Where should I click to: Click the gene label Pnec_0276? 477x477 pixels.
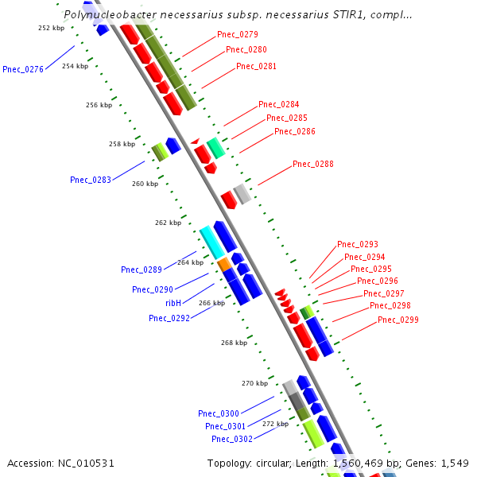click(23, 69)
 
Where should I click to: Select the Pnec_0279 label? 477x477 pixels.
click(238, 34)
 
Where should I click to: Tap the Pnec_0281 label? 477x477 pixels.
click(257, 66)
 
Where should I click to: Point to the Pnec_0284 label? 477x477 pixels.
click(279, 104)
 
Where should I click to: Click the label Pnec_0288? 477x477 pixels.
click(313, 164)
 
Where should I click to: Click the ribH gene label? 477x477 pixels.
click(173, 303)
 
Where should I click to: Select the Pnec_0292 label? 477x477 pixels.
click(169, 318)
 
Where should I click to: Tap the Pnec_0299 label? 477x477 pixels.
click(398, 320)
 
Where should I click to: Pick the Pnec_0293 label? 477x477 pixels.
click(358, 244)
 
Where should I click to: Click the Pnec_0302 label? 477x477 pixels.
click(232, 439)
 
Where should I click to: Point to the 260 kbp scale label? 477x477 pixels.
click(145, 184)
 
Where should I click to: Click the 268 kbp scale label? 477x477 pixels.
click(234, 343)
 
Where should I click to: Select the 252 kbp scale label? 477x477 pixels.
click(52, 28)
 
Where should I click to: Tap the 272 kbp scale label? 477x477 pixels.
click(275, 424)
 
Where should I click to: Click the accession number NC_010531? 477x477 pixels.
click(61, 463)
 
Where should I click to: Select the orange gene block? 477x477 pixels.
click(223, 263)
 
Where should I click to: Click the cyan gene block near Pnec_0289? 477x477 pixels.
click(211, 242)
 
